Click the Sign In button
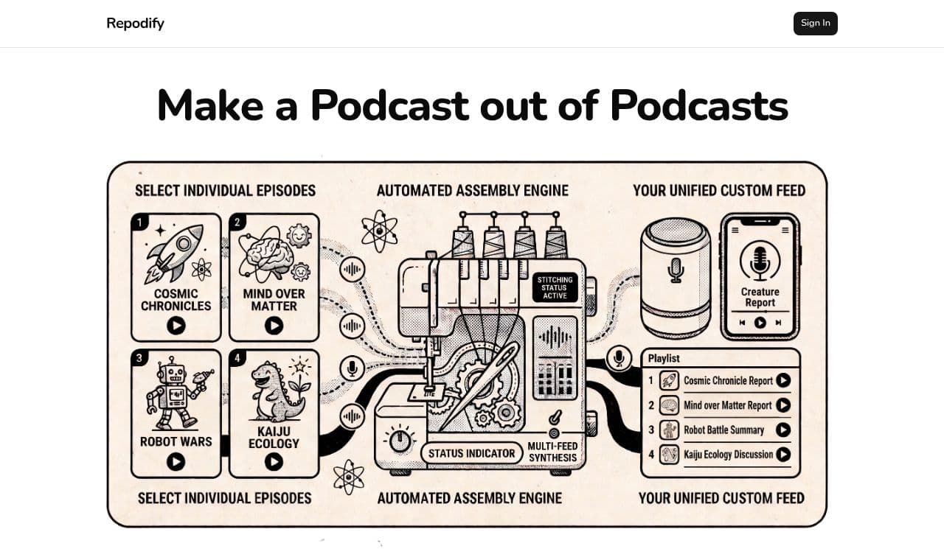[815, 23]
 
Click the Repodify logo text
[135, 24]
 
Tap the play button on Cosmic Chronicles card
[176, 326]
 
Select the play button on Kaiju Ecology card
[274, 461]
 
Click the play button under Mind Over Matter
[274, 326]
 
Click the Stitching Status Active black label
[555, 287]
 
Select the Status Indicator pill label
[471, 453]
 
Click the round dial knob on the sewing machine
[400, 441]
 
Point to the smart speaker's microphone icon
[676, 270]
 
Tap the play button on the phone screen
[760, 323]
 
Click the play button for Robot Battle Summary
[783, 430]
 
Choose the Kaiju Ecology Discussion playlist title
[728, 455]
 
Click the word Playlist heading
[664, 358]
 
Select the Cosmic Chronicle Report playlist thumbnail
[669, 381]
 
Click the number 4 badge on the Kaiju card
[237, 358]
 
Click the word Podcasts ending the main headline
[698, 105]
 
